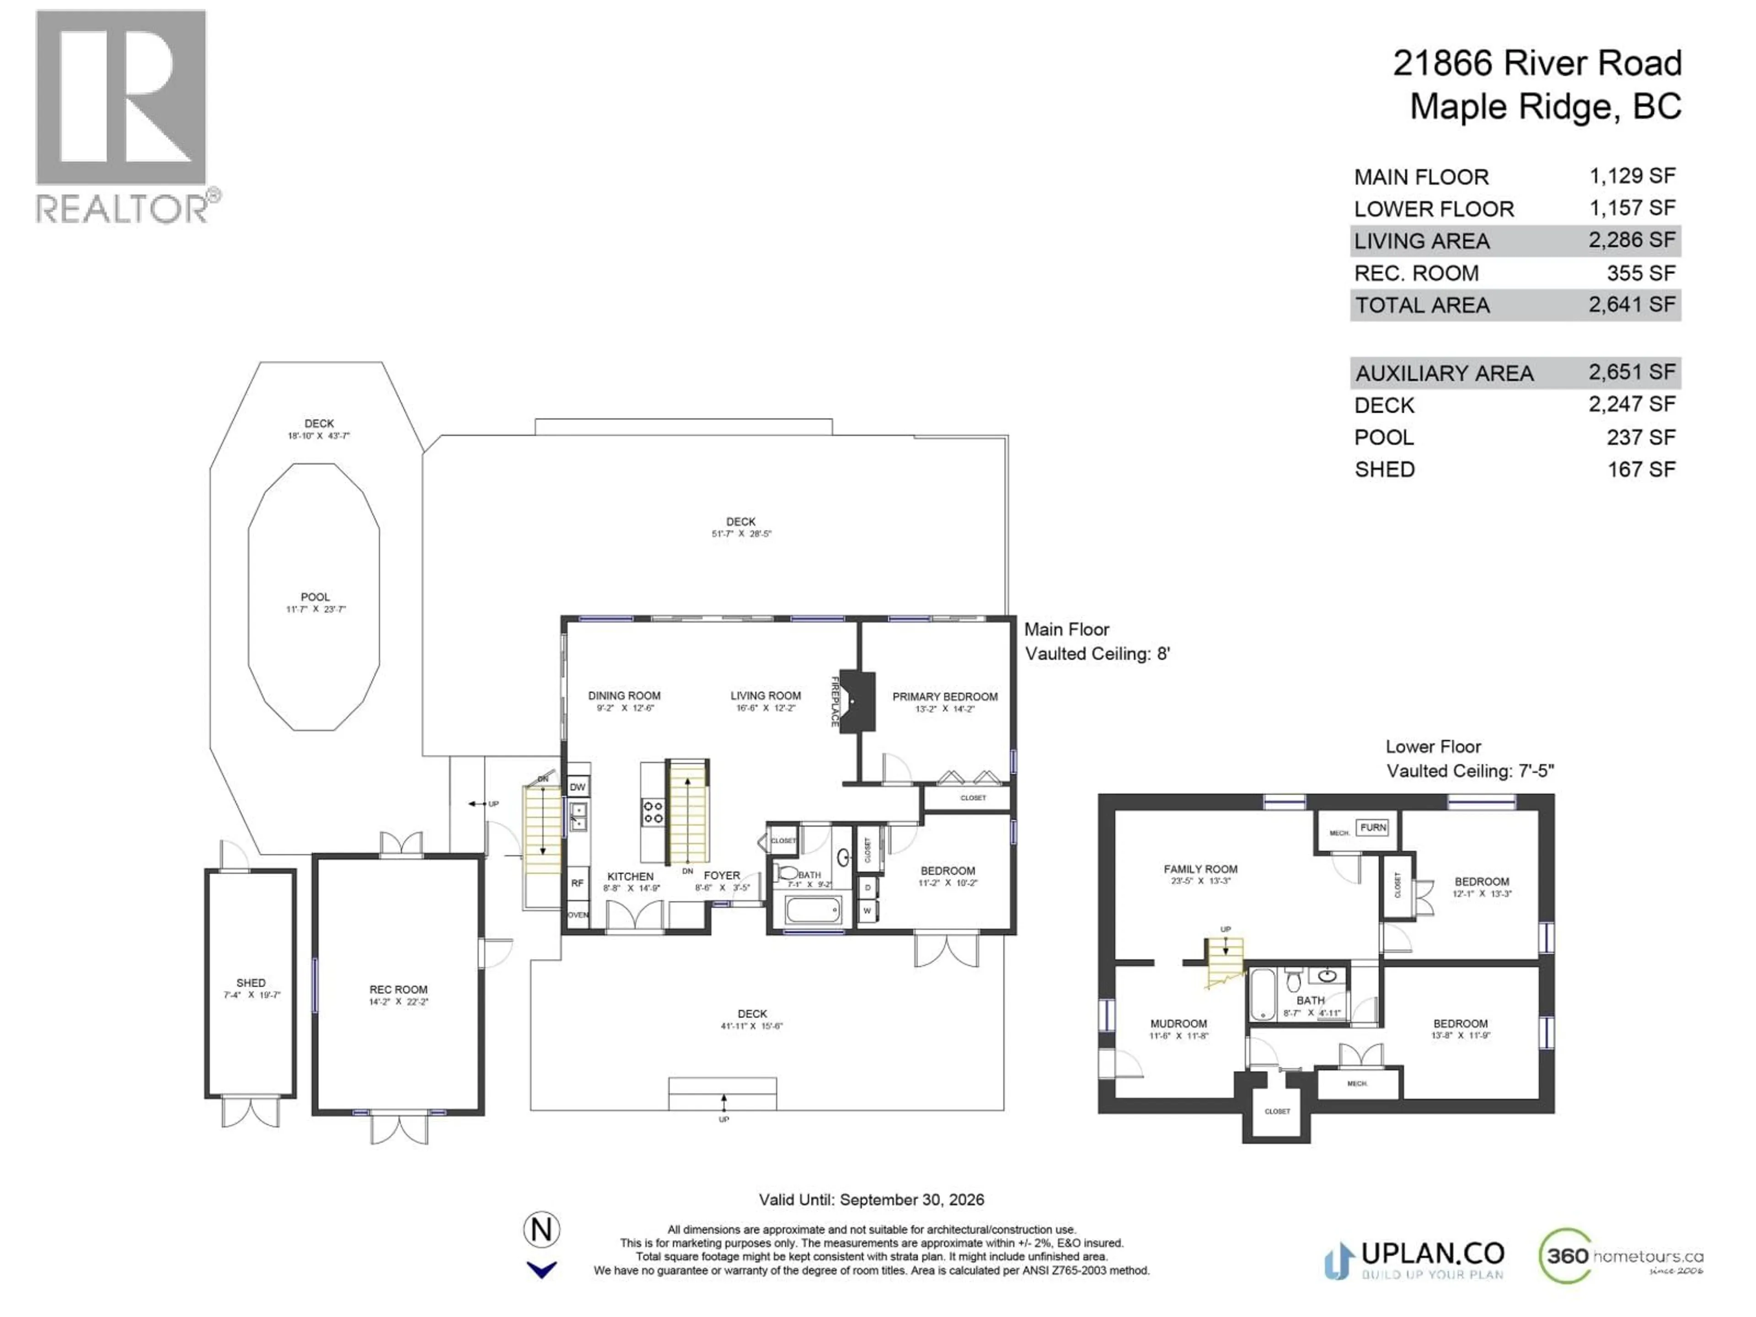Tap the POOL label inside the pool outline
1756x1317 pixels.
pyautogui.click(x=315, y=597)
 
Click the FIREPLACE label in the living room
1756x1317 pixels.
pyautogui.click(x=835, y=701)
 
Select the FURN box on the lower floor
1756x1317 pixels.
pyautogui.click(x=1373, y=827)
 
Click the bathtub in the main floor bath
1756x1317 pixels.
pyautogui.click(x=813, y=910)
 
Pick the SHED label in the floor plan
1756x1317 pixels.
pyautogui.click(x=251, y=983)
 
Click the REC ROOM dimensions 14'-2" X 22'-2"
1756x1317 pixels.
pyautogui.click(x=398, y=1002)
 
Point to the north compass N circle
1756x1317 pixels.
pyautogui.click(x=541, y=1230)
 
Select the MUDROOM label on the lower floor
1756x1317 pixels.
pyautogui.click(x=1179, y=1024)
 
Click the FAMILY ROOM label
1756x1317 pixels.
pyautogui.click(x=1200, y=869)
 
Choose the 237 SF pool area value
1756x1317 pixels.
pyautogui.click(x=1640, y=438)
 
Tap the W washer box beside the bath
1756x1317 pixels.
pyautogui.click(x=867, y=910)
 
